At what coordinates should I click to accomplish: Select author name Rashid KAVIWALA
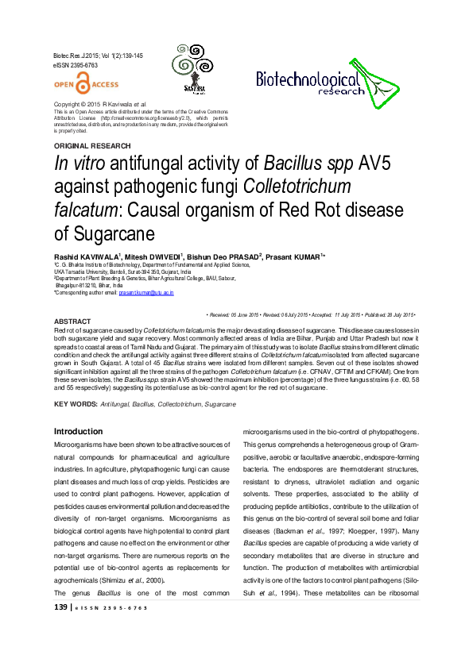coord(86,257)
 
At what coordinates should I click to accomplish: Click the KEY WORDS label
coord(75,404)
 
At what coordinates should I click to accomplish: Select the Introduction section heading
coord(78,431)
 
